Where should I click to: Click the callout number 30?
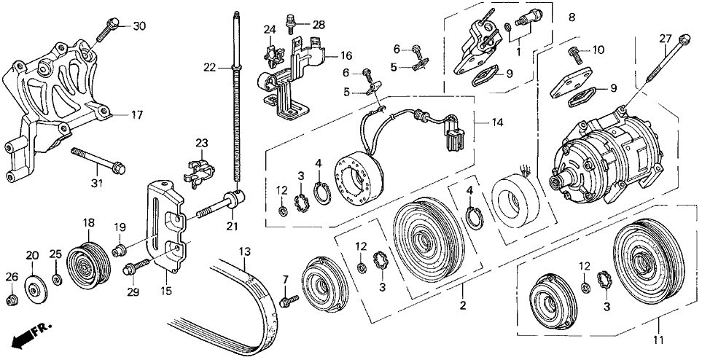click(139, 26)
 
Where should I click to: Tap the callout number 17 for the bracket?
click(137, 114)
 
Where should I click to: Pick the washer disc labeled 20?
click(34, 286)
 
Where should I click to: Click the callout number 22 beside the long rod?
click(209, 68)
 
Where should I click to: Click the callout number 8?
click(572, 16)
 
